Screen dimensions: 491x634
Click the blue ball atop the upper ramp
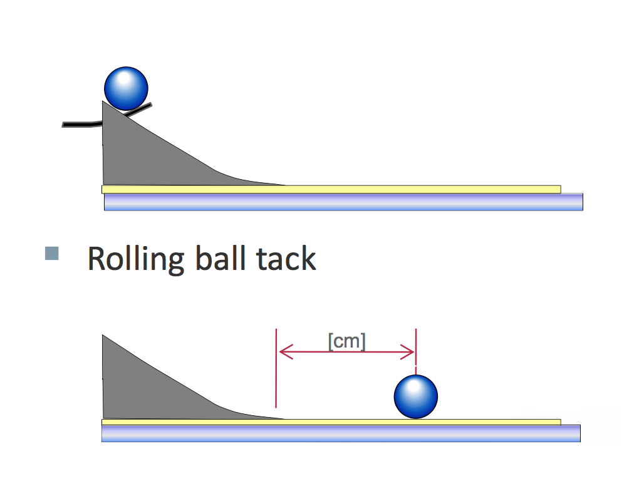point(126,88)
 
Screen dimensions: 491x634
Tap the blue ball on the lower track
point(415,396)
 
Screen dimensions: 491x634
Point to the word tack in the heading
point(286,259)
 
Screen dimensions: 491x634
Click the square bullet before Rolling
point(52,253)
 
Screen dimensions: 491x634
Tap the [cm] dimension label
point(346,341)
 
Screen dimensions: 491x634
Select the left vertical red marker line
point(276,376)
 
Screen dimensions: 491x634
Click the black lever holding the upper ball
point(78,124)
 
